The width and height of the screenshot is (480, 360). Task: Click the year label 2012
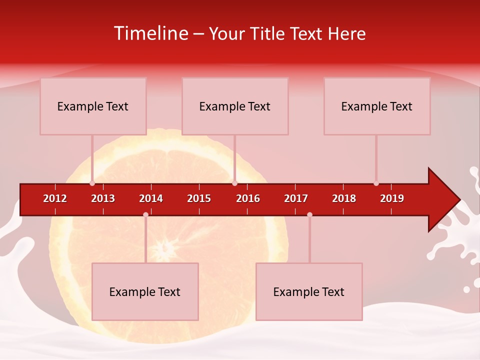coord(55,198)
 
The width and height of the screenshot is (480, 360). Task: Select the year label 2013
coord(103,198)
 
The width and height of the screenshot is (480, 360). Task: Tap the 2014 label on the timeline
coord(151,198)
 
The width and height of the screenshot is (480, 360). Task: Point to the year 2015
coord(199,198)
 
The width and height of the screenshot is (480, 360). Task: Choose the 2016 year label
coord(248,198)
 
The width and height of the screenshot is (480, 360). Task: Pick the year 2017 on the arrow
coord(296,198)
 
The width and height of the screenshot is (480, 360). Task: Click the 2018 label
coord(344,198)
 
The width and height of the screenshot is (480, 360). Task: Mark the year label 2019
coord(392,198)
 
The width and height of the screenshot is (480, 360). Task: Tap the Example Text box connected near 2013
coord(93,106)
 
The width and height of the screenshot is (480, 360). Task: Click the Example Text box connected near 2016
coord(235,106)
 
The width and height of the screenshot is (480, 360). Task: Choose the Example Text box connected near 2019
coord(377,106)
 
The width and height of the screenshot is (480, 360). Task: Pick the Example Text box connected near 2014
coord(145,292)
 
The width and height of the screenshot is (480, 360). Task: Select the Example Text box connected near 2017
coord(309,292)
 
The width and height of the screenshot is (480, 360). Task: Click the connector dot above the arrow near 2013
coord(92,183)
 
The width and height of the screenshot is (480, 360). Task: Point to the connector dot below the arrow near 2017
coord(309,215)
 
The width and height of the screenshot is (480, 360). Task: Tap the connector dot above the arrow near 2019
coord(376,183)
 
